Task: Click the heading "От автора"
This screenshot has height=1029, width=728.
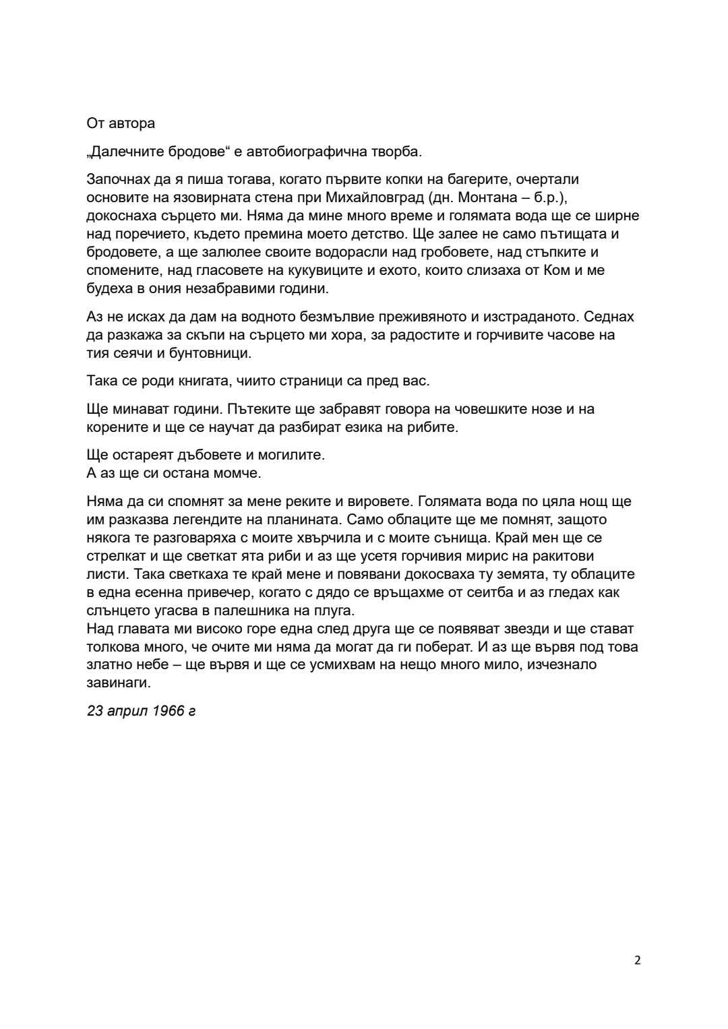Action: pos(121,123)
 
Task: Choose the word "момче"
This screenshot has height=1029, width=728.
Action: pos(237,473)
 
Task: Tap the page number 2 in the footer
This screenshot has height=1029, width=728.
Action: pos(638,960)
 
